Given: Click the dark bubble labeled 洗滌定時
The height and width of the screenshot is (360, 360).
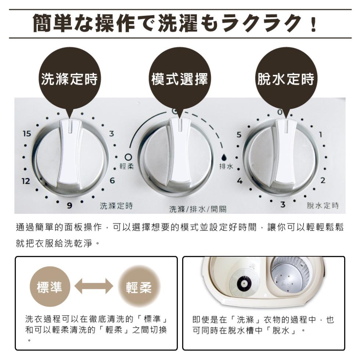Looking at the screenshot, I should (x=69, y=79).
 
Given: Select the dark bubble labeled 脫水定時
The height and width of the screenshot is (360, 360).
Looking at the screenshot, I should (x=285, y=79).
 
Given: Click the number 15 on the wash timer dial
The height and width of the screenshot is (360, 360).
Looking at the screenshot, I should (x=27, y=134).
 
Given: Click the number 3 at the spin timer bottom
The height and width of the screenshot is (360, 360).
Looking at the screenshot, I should (x=282, y=205).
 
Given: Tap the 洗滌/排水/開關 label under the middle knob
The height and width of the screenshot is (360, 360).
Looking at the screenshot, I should (x=198, y=209).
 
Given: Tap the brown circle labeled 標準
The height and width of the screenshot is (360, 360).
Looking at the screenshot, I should (x=49, y=287).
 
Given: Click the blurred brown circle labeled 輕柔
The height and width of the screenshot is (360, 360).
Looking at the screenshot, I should (x=138, y=287).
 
